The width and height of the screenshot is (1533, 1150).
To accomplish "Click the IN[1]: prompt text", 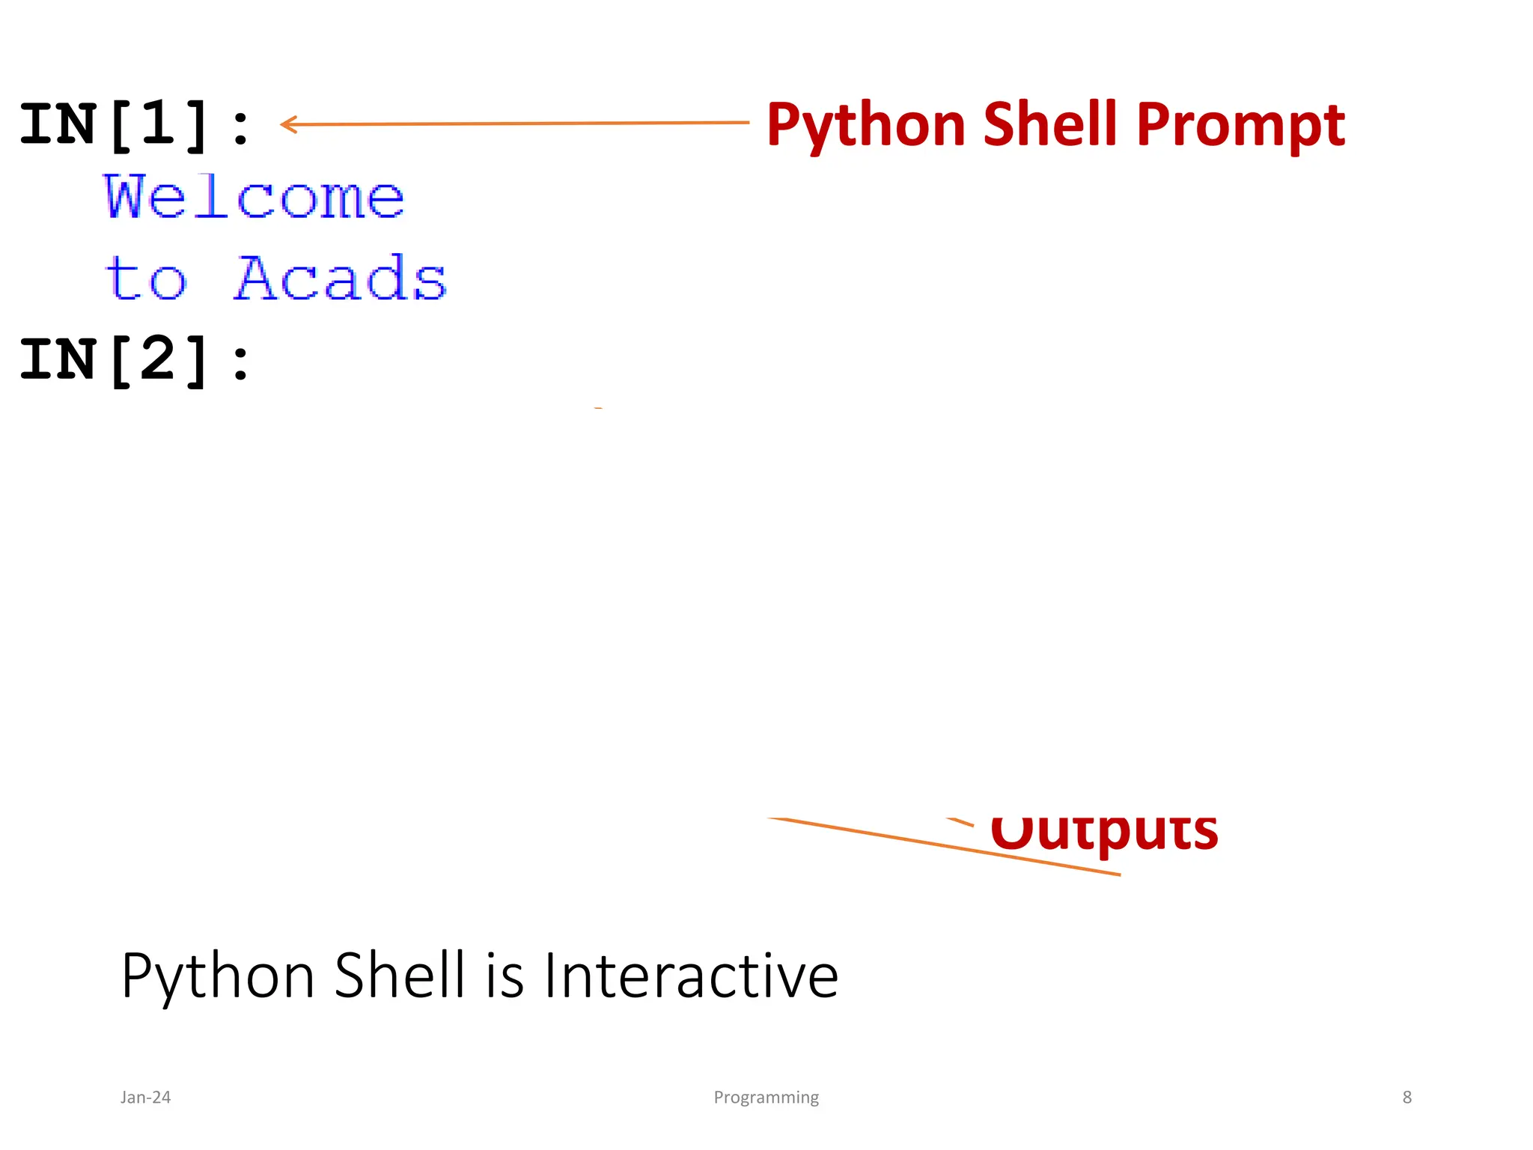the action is (x=135, y=125).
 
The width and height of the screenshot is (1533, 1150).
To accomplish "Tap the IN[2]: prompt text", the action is (x=135, y=360).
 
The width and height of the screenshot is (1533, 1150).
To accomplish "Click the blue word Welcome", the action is (x=254, y=197).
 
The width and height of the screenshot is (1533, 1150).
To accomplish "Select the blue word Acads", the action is (x=341, y=279).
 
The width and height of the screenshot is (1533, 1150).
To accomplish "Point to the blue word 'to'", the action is (x=145, y=279).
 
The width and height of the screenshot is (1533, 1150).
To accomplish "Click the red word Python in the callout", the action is (x=865, y=125).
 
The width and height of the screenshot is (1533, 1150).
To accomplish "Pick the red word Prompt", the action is (x=1240, y=125).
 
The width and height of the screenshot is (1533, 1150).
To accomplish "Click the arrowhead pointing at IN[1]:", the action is (x=287, y=124).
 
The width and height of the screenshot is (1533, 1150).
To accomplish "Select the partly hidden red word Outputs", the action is (x=1103, y=833).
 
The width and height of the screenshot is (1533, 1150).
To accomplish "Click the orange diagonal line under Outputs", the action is (x=943, y=846).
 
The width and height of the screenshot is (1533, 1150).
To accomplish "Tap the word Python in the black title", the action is (x=218, y=976).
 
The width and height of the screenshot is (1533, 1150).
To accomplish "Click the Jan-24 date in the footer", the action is (x=145, y=1097).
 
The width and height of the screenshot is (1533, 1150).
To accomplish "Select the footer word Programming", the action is (x=766, y=1097).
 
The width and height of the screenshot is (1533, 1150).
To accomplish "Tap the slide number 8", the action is (x=1406, y=1097).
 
